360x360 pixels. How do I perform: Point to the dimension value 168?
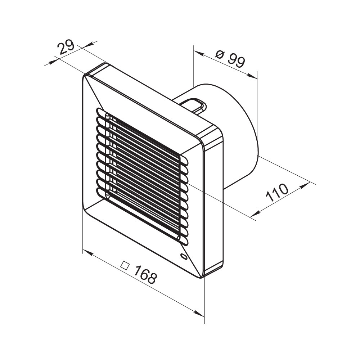tap(145, 275)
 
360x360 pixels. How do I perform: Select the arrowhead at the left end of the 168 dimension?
tap(87, 252)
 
